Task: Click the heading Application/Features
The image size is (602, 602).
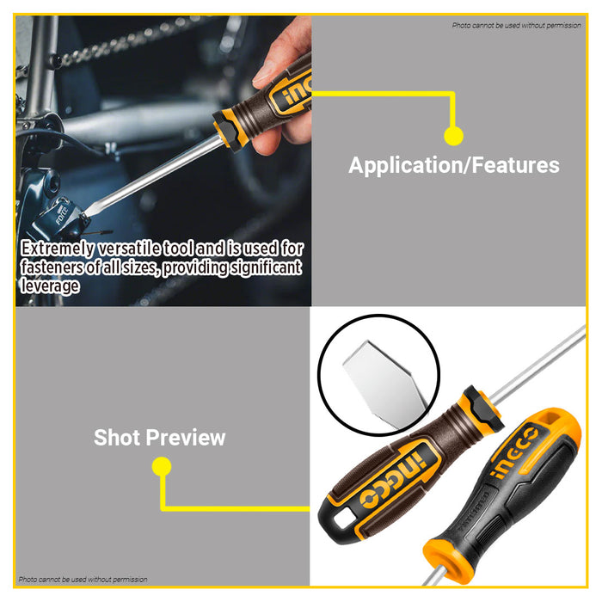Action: [453, 165]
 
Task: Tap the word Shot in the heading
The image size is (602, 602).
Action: [117, 437]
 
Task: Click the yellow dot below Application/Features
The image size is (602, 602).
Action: [453, 135]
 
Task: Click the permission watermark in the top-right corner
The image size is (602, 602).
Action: [516, 25]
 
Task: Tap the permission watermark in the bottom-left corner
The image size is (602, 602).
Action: [83, 580]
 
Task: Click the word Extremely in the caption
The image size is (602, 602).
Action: [59, 249]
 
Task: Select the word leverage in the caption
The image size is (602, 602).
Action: [50, 286]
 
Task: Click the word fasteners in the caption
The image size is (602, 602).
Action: [55, 267]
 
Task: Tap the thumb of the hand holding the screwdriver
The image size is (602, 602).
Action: [268, 138]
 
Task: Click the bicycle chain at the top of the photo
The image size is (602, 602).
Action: [129, 39]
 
